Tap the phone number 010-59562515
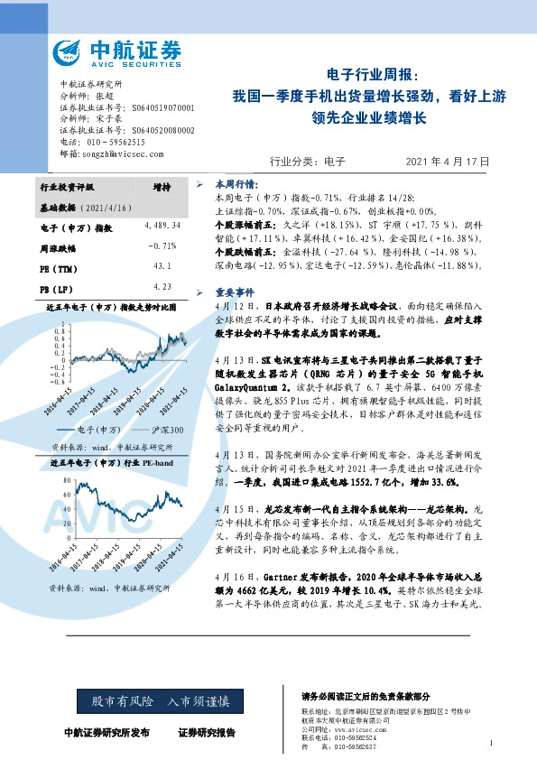click(107, 142)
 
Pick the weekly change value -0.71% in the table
click(162, 246)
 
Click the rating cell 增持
click(162, 186)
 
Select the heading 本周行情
click(234, 181)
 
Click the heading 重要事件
click(234, 292)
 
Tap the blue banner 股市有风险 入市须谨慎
click(153, 700)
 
